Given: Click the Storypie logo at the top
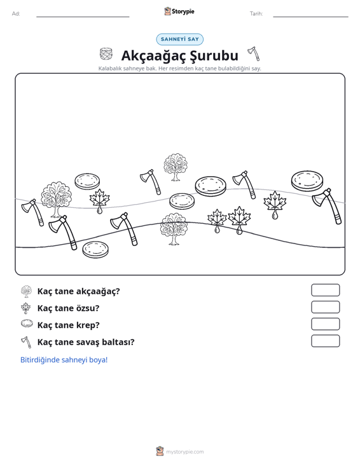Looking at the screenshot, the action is click(x=179, y=11).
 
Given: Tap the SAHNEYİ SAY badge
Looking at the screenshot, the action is click(x=180, y=39).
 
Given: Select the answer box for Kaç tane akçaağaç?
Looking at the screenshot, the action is click(x=326, y=290).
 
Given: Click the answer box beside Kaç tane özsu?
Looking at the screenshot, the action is click(x=326, y=307).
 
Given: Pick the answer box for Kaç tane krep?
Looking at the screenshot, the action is click(x=326, y=324).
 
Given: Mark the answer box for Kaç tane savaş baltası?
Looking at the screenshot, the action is click(x=326, y=341).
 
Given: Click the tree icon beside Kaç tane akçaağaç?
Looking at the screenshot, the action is click(x=27, y=291).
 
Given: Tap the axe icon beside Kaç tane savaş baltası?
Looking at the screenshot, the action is click(x=26, y=342).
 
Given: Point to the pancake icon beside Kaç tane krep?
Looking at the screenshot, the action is click(x=27, y=324).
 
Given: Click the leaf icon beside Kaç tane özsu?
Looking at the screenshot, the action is click(x=26, y=308).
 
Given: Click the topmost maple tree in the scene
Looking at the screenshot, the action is click(x=176, y=167).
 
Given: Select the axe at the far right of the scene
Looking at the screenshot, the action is click(x=327, y=206).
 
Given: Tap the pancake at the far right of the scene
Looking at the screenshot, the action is click(x=307, y=181).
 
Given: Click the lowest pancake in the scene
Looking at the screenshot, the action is click(x=95, y=249).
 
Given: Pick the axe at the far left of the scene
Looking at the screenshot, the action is click(x=32, y=212).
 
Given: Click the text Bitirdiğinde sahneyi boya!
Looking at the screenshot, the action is click(x=64, y=360).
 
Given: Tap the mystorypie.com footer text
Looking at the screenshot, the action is click(x=185, y=452).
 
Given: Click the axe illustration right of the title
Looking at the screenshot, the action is click(x=254, y=53).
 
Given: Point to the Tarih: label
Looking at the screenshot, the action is click(x=256, y=14).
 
